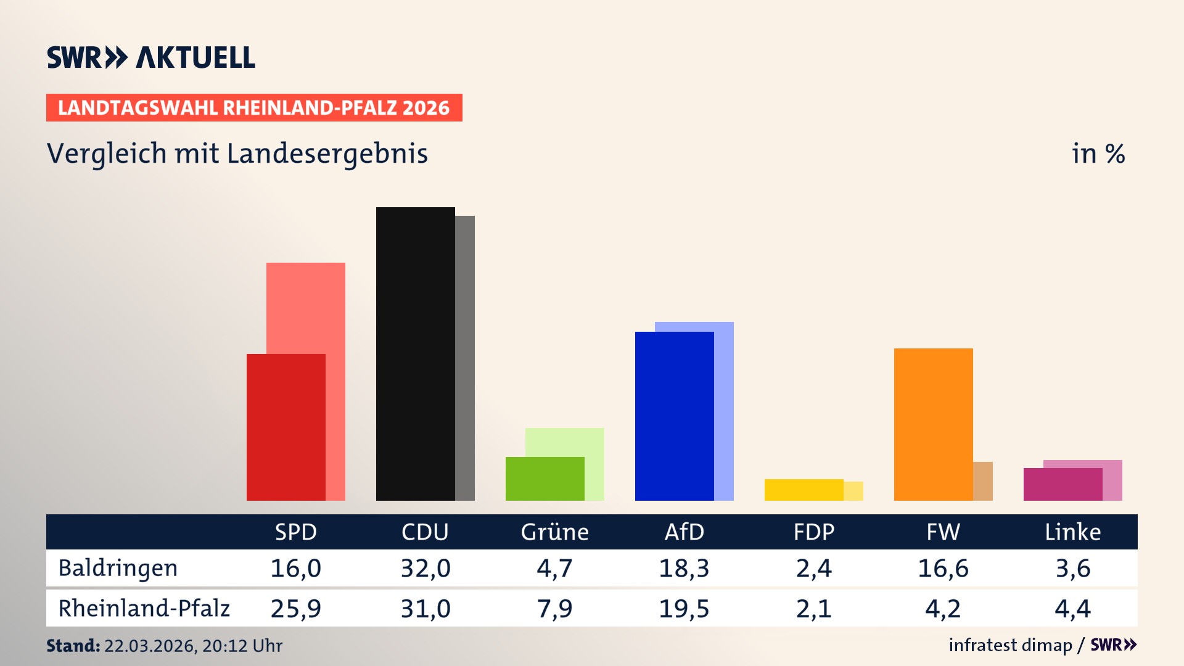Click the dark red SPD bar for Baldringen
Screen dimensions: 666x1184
286,427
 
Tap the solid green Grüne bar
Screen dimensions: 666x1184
545,479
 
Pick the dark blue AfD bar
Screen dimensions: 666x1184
675,416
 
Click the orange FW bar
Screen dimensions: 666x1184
934,424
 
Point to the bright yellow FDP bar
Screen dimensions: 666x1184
804,490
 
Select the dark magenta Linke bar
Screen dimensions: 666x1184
1063,484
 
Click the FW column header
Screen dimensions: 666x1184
943,532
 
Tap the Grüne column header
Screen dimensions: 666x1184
554,532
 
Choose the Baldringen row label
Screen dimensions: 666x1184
118,568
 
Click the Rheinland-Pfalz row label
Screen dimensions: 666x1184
144,609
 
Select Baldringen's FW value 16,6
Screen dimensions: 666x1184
943,568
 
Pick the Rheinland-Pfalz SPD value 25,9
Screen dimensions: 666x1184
295,609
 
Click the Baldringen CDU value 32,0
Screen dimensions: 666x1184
425,568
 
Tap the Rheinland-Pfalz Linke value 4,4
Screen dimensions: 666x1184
1072,609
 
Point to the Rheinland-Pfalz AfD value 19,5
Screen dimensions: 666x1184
684,609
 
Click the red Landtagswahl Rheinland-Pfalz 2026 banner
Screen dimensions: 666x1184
254,107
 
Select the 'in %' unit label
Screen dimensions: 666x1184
1098,154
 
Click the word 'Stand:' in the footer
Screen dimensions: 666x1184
73,646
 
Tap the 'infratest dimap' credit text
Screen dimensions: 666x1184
1010,645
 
